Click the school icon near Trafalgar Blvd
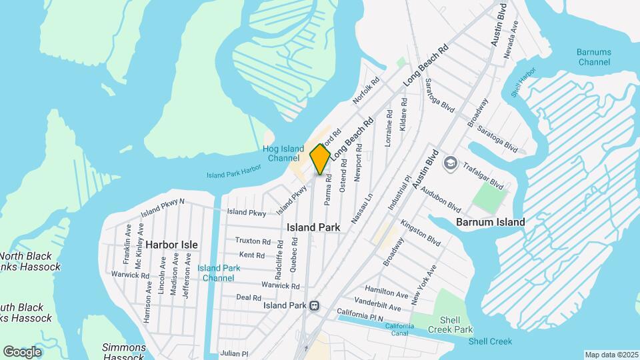(x=450, y=163)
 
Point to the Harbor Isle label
(x=171, y=245)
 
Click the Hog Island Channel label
(x=283, y=153)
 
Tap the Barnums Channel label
(x=593, y=57)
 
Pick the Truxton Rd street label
(x=253, y=241)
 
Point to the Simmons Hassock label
(x=124, y=351)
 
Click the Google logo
(x=22, y=351)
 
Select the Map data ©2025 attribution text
(x=611, y=355)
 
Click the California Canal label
(x=399, y=329)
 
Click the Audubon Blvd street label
(x=441, y=197)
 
